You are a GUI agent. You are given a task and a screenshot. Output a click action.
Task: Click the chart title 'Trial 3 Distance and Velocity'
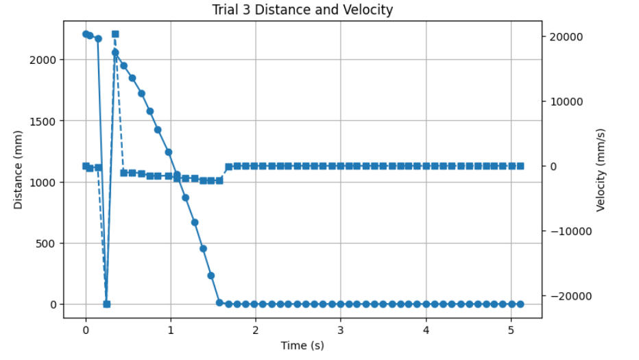coord(311,10)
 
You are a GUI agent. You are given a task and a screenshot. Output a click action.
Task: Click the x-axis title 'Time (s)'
coord(302,345)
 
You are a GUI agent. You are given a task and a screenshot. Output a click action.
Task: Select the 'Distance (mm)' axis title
coord(18,169)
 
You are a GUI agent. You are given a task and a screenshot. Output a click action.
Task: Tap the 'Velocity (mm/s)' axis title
coord(602,169)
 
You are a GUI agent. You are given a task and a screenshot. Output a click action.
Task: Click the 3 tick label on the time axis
coord(341,330)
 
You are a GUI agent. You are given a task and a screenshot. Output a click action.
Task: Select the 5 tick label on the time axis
coord(511,330)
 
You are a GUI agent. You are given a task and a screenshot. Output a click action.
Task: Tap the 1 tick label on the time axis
coord(171,330)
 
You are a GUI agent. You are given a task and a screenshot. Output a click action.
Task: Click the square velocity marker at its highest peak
coord(115,34)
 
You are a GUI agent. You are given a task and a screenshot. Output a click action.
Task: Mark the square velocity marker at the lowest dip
coord(106,304)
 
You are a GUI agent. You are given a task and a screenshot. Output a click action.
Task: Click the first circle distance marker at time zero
coord(86,34)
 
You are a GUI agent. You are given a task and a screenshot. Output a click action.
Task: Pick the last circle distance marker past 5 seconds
coord(520,304)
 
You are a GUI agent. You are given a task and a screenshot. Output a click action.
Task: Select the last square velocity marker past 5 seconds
coord(520,166)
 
